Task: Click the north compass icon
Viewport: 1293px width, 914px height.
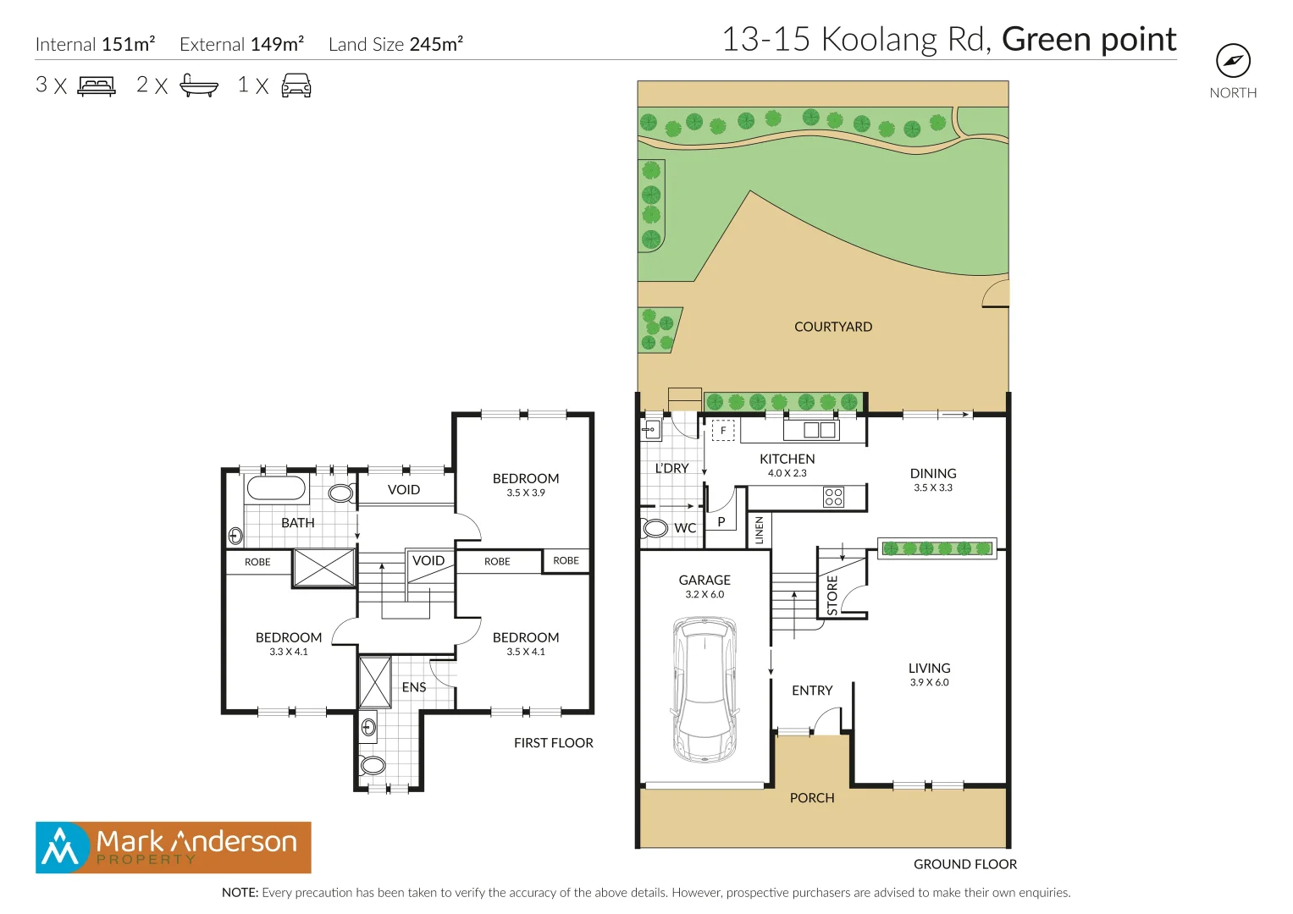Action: click(1233, 61)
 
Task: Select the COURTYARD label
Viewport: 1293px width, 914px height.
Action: click(832, 327)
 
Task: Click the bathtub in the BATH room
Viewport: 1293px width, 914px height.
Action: click(276, 489)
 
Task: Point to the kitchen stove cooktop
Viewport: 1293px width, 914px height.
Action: click(833, 497)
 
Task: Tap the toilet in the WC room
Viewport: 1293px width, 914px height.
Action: click(655, 528)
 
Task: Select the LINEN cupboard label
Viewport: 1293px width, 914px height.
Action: click(760, 530)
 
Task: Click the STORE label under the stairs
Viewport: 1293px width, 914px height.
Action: click(832, 595)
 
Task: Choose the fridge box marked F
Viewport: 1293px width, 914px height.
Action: click(723, 431)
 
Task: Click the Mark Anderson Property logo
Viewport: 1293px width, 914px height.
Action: click(174, 847)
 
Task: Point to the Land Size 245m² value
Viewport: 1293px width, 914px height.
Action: click(436, 45)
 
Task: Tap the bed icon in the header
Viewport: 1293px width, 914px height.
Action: click(97, 85)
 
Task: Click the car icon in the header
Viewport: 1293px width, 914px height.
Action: click(296, 85)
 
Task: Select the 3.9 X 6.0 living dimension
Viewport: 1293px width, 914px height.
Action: click(929, 682)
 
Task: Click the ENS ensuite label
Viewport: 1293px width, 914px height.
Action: click(414, 687)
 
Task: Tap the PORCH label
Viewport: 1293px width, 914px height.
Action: click(811, 798)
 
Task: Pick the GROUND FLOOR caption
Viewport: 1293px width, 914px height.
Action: click(964, 864)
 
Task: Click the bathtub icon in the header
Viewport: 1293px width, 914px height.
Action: click(199, 85)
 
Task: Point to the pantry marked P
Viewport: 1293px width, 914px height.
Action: click(721, 522)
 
